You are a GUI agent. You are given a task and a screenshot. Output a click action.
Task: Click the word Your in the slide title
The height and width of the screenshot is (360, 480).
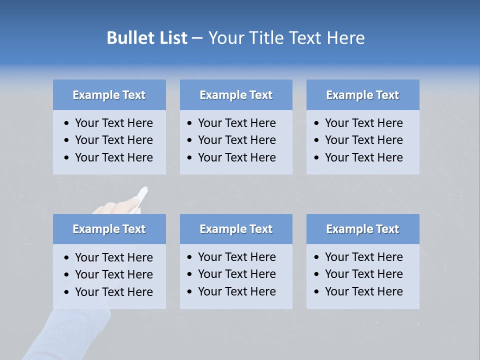224,38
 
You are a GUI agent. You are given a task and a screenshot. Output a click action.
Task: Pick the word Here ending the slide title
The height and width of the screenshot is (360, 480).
345,38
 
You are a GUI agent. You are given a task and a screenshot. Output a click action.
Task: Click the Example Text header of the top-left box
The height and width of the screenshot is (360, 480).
109,95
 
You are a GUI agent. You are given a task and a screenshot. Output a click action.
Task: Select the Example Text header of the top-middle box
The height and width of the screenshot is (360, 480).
236,95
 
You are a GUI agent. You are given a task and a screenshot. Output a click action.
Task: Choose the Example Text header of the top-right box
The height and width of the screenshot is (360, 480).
362,95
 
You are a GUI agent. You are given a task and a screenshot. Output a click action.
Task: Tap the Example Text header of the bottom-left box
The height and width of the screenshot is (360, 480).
109,229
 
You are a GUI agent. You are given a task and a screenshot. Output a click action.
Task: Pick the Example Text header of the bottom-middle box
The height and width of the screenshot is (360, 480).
236,229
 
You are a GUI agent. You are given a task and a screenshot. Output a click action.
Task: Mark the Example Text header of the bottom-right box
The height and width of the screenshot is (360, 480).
362,229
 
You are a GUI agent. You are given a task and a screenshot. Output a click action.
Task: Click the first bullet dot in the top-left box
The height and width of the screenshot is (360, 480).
66,123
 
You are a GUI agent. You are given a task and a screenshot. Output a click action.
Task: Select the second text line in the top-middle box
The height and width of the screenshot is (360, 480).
236,140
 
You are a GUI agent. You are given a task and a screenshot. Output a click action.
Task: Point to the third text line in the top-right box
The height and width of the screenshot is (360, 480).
363,157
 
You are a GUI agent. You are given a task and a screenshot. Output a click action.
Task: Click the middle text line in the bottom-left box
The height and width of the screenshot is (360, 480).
113,274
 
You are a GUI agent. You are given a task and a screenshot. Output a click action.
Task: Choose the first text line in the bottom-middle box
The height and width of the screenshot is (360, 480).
236,257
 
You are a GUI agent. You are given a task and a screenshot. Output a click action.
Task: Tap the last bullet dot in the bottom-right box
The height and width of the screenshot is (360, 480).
316,292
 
